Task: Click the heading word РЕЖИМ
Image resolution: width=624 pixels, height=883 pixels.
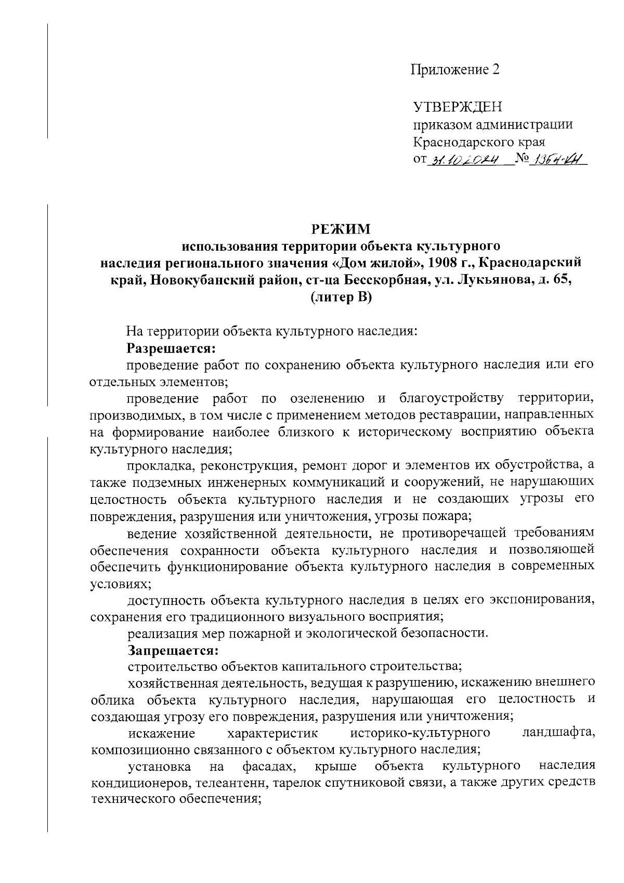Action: [x=341, y=229]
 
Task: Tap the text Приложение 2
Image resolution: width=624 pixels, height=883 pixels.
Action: [x=456, y=70]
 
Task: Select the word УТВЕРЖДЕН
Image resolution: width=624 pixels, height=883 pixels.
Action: [x=458, y=108]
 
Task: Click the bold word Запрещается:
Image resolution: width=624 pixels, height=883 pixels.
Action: [x=172, y=651]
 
